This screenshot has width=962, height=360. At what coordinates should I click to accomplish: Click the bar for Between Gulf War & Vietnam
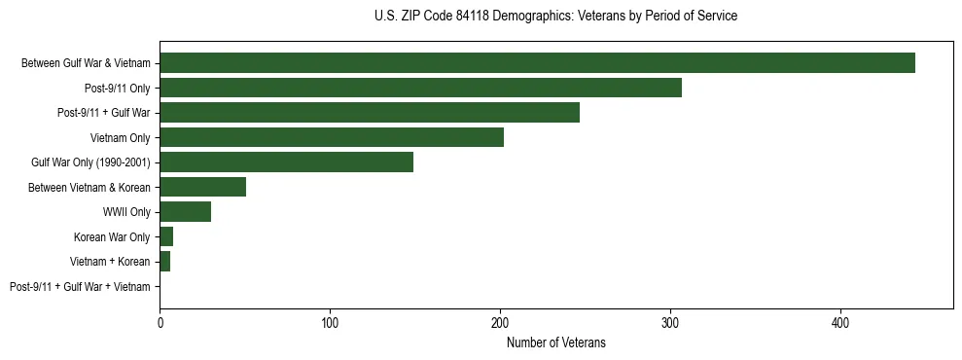point(537,63)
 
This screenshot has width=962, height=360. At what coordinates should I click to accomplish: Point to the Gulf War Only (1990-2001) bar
point(286,162)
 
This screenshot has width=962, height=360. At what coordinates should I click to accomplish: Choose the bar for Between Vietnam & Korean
point(202,187)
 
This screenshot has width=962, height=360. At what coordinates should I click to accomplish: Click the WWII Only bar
point(185,211)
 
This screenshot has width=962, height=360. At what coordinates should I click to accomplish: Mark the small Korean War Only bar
point(166,236)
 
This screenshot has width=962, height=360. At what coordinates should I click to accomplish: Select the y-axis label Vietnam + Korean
point(110,262)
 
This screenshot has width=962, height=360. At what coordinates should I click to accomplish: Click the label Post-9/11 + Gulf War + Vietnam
point(80,287)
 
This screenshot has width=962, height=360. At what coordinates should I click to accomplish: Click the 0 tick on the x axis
point(160,322)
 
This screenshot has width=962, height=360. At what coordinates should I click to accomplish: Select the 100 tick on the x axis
point(330,322)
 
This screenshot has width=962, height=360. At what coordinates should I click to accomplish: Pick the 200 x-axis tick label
point(500,322)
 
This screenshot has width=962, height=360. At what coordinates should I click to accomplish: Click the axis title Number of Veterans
point(555,342)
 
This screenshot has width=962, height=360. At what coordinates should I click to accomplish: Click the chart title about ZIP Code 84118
point(555,17)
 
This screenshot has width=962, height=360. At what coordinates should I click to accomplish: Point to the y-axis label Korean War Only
point(112,237)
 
